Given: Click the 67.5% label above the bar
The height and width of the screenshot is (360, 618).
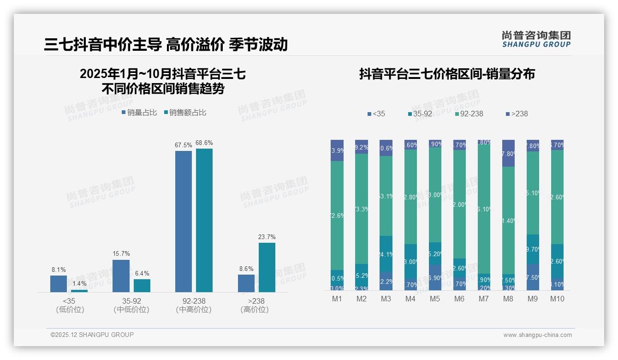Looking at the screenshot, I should tap(183, 145).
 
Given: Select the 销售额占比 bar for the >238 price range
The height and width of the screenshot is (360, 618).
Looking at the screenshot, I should tap(267, 267).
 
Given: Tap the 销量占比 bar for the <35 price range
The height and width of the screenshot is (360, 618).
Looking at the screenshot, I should tap(59, 283).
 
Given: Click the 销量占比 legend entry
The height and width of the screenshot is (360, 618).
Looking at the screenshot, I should tap(139, 113).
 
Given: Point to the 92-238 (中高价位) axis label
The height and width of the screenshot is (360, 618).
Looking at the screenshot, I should tap(194, 305).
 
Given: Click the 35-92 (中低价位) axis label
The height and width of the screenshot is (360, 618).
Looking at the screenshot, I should tap(131, 305).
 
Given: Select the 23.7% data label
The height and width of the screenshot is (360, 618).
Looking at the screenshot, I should tap(267, 237).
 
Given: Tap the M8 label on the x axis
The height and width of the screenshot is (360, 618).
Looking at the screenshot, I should tap(508, 299).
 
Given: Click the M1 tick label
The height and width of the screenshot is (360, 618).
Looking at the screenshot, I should tap(337, 299).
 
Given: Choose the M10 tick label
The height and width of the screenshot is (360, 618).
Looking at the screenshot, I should tap(557, 299).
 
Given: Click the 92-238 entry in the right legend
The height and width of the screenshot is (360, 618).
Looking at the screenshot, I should tap(469, 114).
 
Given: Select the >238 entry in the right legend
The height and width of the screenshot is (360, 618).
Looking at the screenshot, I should tap(517, 114).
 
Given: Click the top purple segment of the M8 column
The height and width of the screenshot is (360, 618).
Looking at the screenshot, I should tap(508, 153).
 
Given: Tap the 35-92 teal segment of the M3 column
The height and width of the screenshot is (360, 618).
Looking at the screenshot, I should tap(386, 253).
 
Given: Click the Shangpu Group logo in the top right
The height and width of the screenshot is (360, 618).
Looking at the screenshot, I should tap(536, 39).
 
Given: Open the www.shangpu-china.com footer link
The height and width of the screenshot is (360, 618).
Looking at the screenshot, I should tap(537, 335).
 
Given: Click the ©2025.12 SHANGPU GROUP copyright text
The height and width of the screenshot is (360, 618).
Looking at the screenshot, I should tap(92, 335).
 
